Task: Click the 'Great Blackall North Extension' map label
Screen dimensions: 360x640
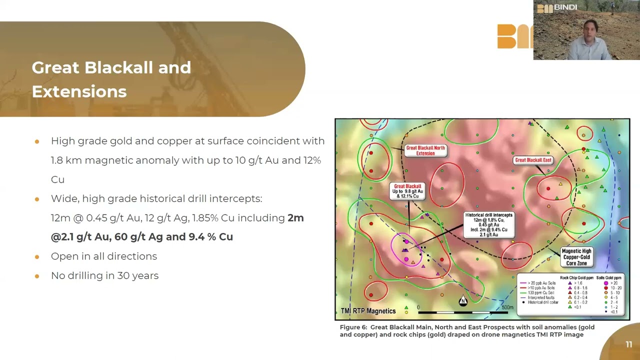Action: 425,150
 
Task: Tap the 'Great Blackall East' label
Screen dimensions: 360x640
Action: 533,160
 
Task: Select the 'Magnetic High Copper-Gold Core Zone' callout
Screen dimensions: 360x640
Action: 576,257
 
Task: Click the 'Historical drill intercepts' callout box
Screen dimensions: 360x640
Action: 488,224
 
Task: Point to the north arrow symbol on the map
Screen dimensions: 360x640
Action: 463,300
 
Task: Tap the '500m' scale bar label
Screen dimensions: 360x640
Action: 506,307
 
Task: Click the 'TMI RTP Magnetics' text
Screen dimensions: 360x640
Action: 368,311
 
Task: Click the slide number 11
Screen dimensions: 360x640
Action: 628,344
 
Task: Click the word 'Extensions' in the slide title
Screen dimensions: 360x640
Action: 79,91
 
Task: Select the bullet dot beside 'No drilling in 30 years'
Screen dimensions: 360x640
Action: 37,276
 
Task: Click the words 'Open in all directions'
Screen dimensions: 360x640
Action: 104,256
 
